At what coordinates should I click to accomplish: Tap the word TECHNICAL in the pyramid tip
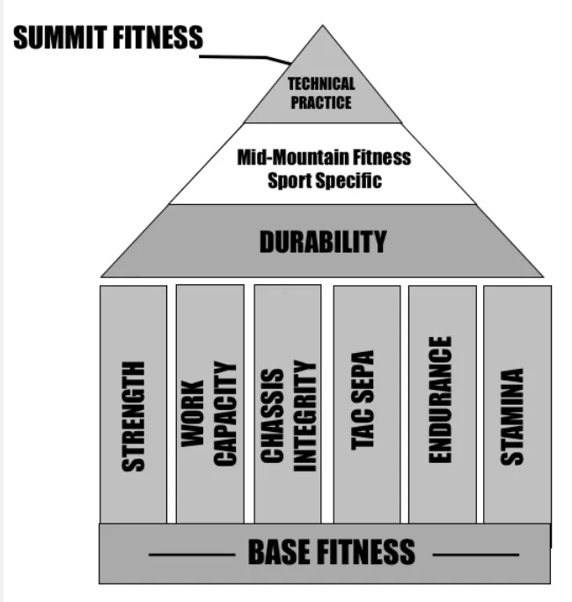pos(321,84)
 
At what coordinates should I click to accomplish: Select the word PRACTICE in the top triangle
pos(321,103)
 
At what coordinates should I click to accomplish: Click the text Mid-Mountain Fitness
pos(324,158)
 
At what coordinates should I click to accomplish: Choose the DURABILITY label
pos(322,242)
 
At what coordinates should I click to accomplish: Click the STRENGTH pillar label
pos(134,415)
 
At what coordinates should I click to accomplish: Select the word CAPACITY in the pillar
pos(225,414)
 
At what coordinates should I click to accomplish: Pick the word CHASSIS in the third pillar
pos(272,415)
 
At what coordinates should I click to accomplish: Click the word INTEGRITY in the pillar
pos(304,415)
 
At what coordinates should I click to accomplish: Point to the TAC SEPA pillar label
pos(363,400)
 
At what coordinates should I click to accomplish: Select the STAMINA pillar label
pos(512,416)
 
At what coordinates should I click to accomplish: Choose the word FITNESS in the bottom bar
pos(363,552)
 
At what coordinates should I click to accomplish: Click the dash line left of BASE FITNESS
pos(190,554)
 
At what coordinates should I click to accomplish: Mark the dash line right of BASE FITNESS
pos(475,554)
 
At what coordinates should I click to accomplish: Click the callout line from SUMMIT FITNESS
pos(246,57)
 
